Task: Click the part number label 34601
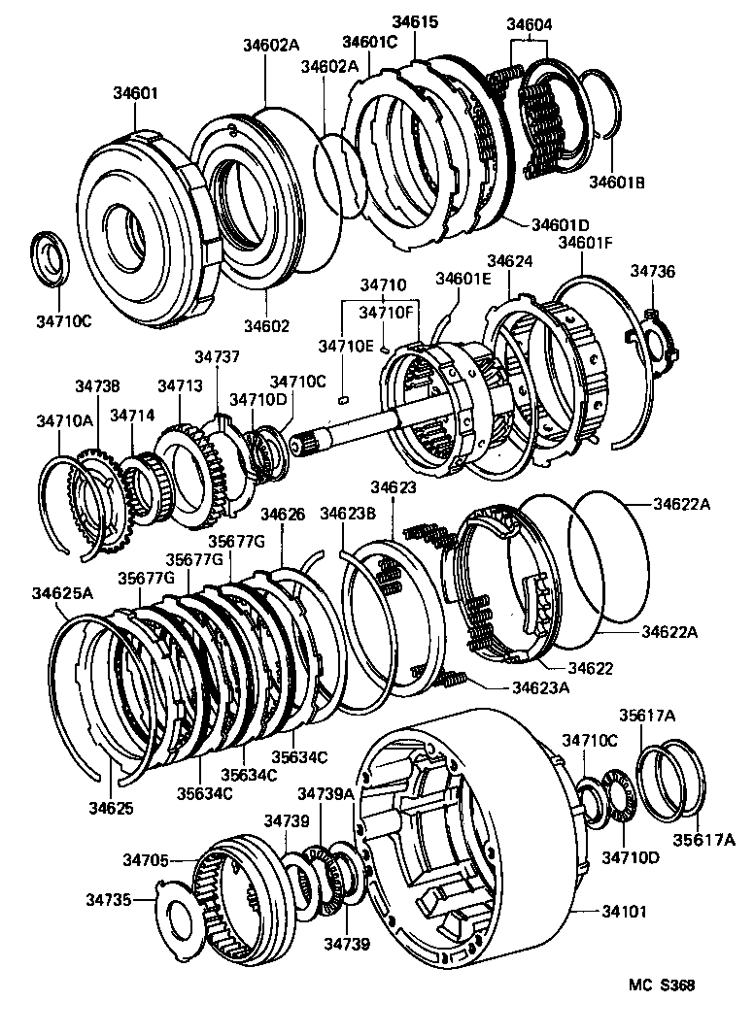pyautogui.click(x=136, y=94)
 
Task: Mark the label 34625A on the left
pyautogui.click(x=62, y=592)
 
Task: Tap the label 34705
pyautogui.click(x=148, y=859)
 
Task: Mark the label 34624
pyautogui.click(x=510, y=261)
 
